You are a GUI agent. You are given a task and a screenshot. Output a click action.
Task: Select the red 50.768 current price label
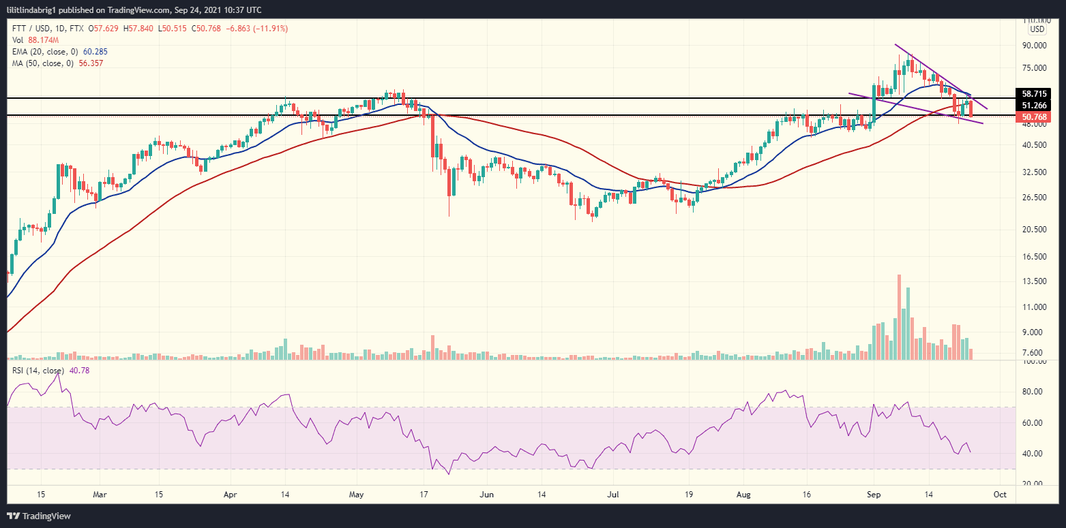1034,117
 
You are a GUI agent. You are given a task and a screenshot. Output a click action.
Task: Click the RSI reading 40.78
79,370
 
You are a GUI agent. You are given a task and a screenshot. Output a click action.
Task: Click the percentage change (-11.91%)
269,29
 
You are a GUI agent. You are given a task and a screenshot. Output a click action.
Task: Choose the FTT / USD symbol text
31,29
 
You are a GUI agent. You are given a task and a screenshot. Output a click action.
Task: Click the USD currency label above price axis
1037,29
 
